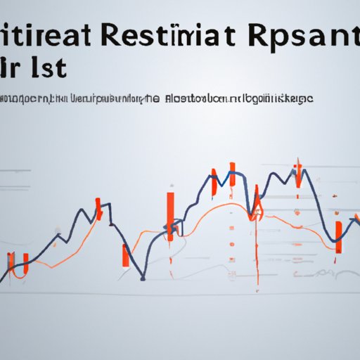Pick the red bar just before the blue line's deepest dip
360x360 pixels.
point(126,255)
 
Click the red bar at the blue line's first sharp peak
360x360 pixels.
point(98,211)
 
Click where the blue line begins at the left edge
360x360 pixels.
point(1,280)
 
